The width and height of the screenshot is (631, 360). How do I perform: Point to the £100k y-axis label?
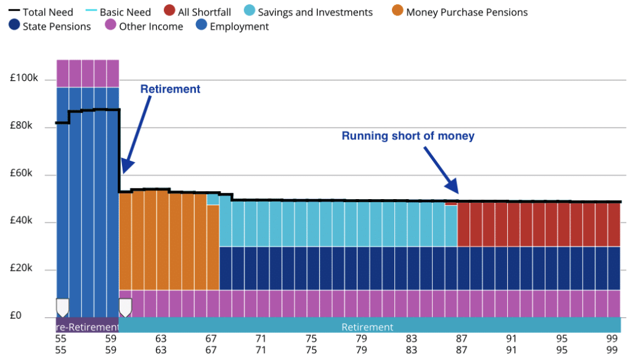tap(25, 80)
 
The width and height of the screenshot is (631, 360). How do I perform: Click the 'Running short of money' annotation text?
tap(408, 136)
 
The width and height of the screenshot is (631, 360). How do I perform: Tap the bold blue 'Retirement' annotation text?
tap(170, 89)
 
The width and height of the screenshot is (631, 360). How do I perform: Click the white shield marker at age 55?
tap(62, 307)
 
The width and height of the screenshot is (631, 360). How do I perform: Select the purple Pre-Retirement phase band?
tap(87, 327)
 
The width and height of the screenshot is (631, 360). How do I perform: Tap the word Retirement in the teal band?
tap(367, 327)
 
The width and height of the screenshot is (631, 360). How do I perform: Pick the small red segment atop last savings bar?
tap(451, 203)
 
